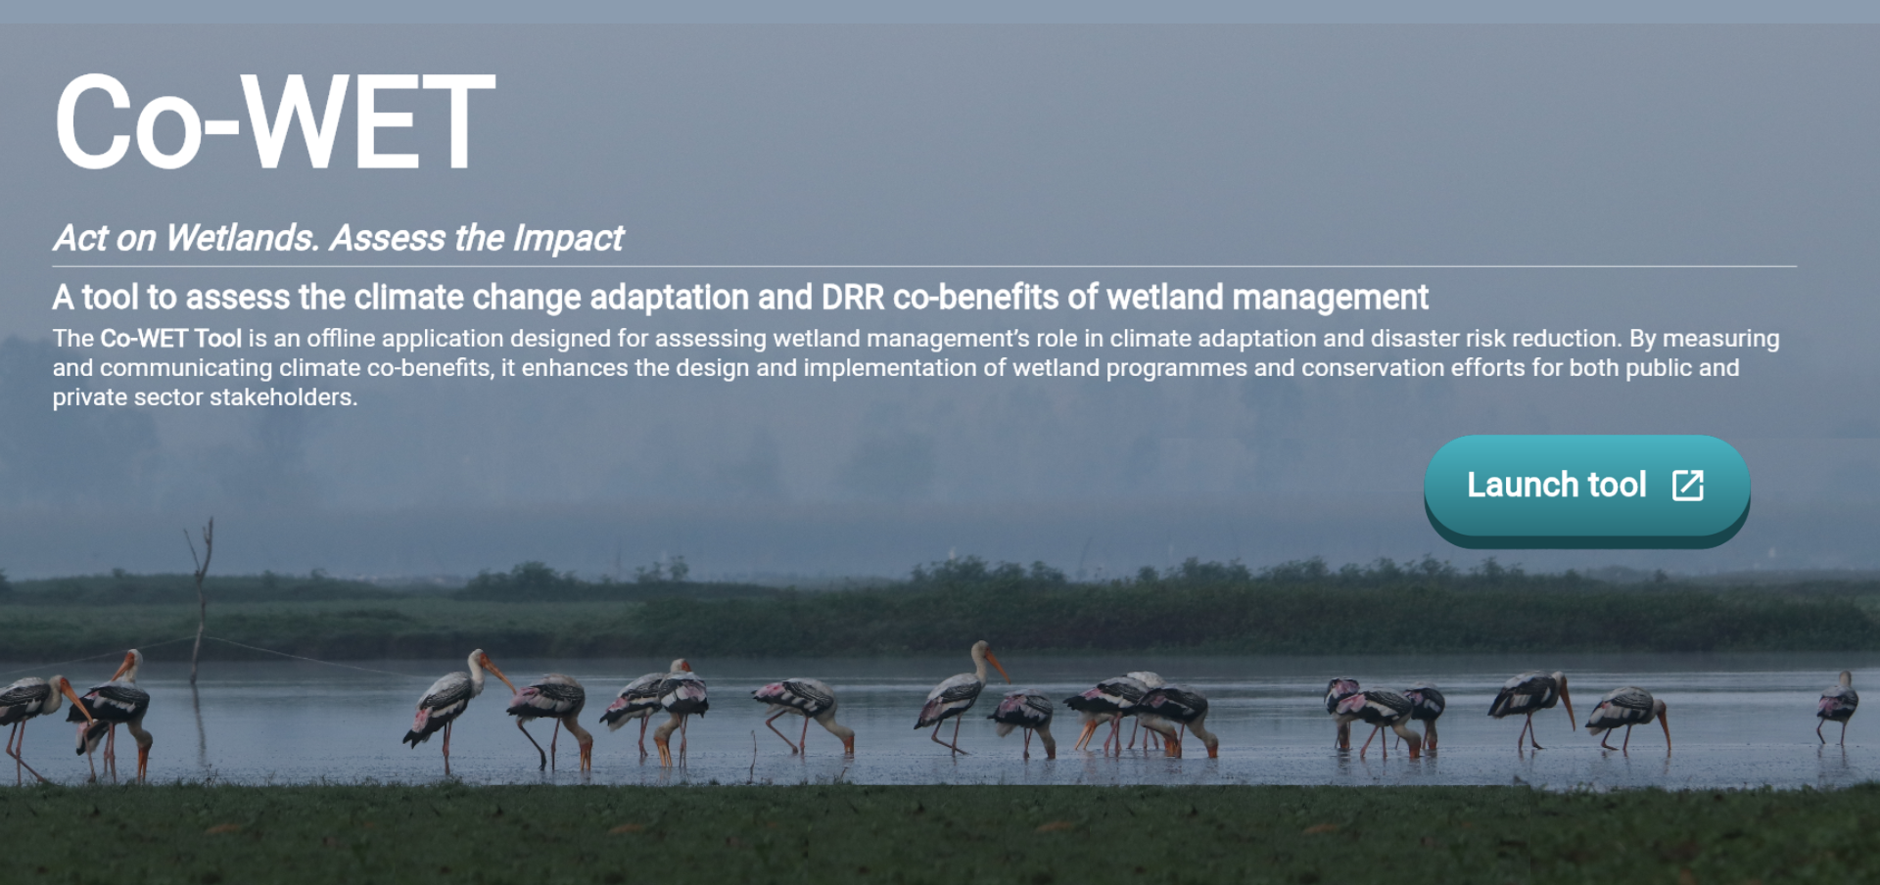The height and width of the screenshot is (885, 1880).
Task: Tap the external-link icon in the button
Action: pos(1688,485)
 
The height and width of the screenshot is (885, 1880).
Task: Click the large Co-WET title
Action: pos(275,122)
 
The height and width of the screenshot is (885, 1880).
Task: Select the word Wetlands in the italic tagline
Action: pos(243,238)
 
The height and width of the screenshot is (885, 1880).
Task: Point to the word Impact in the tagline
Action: pos(569,238)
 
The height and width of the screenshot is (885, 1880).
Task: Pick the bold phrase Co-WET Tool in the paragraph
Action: pos(170,339)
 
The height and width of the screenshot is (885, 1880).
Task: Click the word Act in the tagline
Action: pos(80,238)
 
